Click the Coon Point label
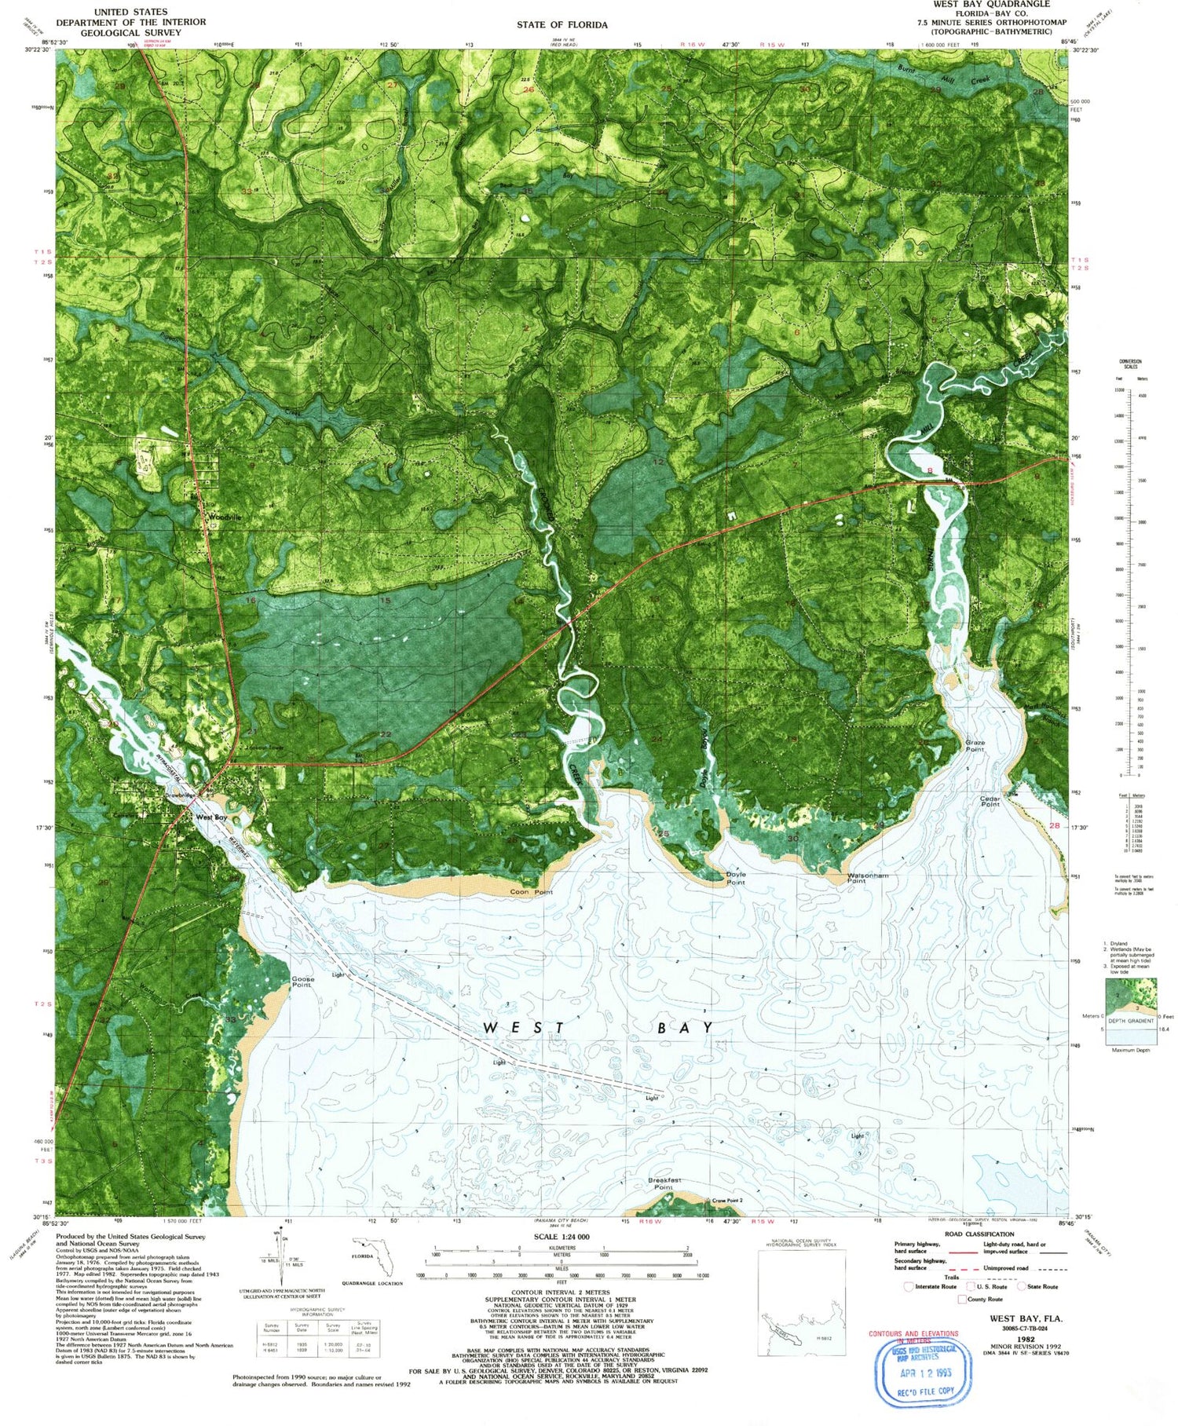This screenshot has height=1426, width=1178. point(532,892)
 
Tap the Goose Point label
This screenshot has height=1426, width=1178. point(302,982)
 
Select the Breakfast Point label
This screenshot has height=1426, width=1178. point(664,1183)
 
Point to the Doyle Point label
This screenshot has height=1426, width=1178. point(736,878)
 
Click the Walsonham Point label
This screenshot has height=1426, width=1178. point(868,878)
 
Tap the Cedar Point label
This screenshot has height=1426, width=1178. point(990,802)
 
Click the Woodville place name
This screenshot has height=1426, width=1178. point(225,517)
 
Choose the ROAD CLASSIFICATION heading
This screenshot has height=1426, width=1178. point(979,1234)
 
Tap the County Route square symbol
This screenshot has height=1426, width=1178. point(962,1299)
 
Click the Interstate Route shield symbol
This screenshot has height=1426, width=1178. point(909,1286)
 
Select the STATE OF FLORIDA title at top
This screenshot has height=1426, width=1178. point(562,24)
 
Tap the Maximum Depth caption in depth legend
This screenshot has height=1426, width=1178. point(1130,1050)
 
